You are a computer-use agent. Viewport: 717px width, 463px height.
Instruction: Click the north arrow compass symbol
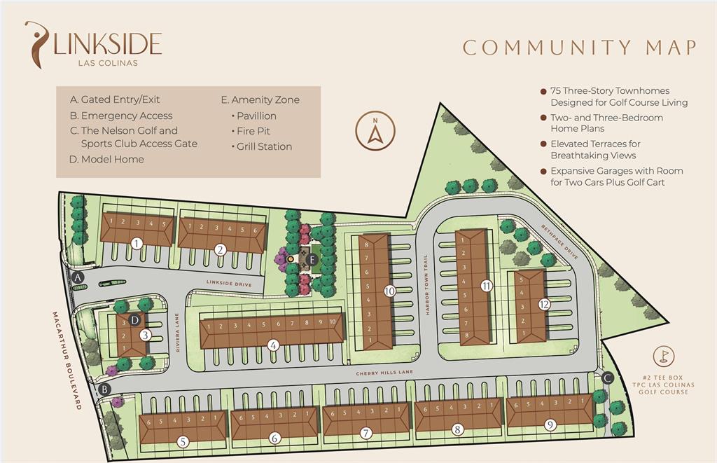point(376,130)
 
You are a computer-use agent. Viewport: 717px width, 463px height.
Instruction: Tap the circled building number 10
point(390,290)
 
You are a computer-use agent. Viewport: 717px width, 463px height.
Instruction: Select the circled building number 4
point(274,345)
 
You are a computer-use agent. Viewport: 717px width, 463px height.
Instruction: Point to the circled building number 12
point(545,304)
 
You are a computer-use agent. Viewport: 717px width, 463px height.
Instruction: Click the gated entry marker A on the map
point(78,278)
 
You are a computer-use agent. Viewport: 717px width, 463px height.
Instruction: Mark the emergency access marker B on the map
point(105,389)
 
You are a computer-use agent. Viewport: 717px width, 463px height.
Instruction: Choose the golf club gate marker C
point(607,378)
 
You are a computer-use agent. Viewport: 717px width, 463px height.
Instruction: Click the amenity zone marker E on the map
point(313,259)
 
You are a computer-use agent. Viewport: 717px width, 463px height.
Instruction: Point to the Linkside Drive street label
point(228,283)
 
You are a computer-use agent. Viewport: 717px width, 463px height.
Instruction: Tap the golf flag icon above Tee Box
point(662,357)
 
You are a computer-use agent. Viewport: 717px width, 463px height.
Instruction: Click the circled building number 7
point(366,433)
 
